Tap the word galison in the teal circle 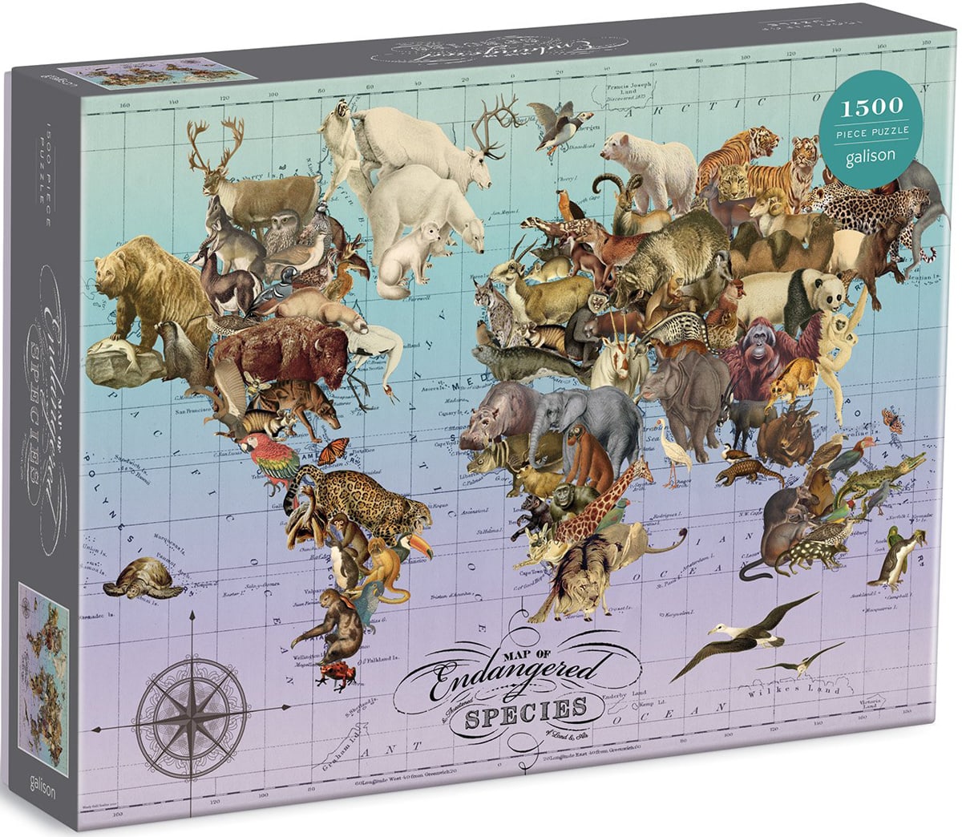871,156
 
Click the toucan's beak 421,547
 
